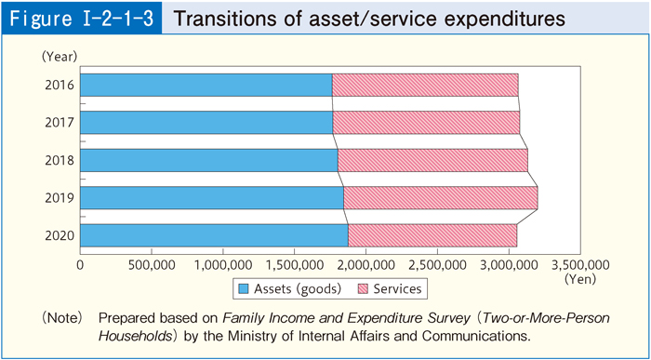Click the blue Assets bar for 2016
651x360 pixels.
click(206, 85)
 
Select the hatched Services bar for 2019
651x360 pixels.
click(440, 198)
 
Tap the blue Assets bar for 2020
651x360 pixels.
click(214, 235)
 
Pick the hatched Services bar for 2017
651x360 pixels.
click(425, 123)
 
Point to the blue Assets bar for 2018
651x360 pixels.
click(208, 160)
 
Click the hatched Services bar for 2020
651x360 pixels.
click(432, 235)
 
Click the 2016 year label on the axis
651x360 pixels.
click(59, 86)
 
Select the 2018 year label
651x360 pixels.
click(59, 160)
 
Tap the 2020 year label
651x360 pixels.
click(59, 235)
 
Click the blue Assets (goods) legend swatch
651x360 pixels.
click(246, 288)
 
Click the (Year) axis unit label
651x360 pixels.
click(58, 57)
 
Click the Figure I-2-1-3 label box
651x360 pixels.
click(82, 19)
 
